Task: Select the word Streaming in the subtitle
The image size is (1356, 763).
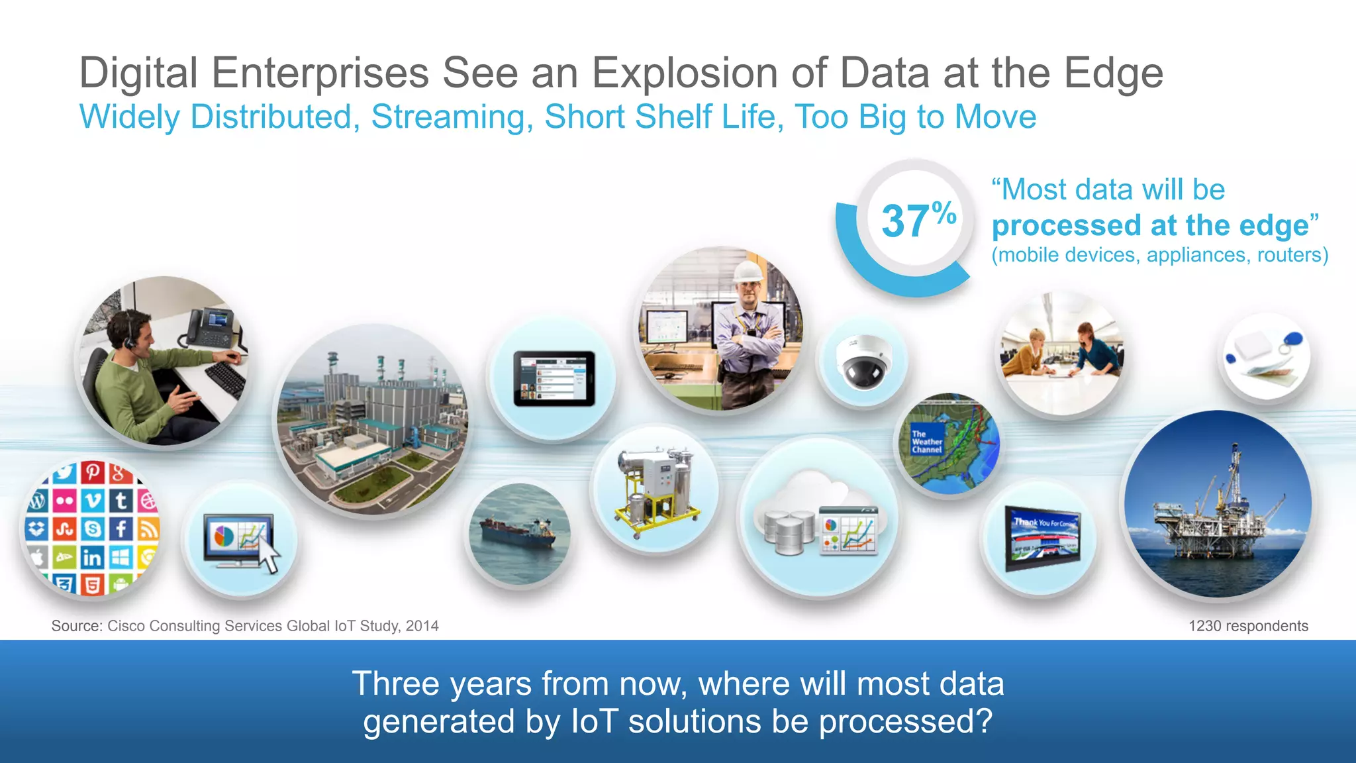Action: click(x=452, y=117)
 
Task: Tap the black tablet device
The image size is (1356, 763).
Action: click(x=554, y=378)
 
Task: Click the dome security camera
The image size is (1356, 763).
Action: click(x=862, y=362)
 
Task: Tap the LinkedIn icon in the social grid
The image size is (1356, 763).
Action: click(x=92, y=558)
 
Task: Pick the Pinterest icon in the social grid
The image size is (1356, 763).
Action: click(x=92, y=473)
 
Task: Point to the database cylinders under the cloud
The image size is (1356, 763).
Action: click(x=788, y=532)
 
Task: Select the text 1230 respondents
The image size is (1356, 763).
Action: click(x=1247, y=626)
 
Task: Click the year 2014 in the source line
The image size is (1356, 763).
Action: click(x=422, y=626)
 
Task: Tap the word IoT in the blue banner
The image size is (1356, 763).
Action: click(x=594, y=721)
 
